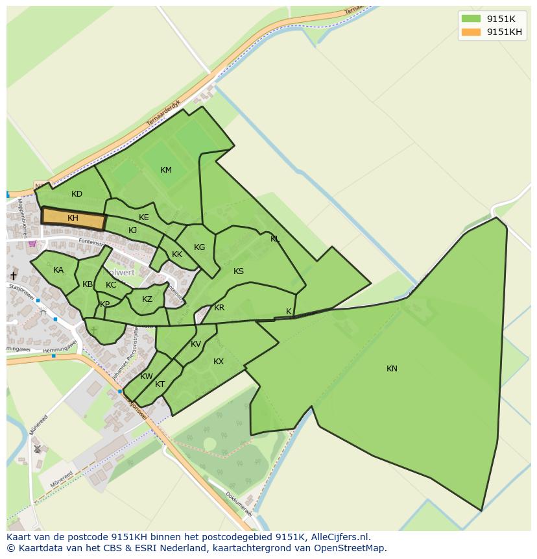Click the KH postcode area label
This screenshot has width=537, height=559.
[x=73, y=218]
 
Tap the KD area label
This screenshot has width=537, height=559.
[x=77, y=194]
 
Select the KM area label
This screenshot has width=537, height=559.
[x=166, y=170]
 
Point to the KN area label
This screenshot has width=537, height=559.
[x=392, y=369]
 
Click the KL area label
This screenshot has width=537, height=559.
[x=275, y=239]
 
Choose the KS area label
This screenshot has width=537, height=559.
[x=239, y=271]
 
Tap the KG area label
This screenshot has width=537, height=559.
[x=199, y=247]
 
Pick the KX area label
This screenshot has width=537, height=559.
[x=219, y=362]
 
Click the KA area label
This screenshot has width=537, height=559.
[x=58, y=270]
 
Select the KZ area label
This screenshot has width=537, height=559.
[x=147, y=299]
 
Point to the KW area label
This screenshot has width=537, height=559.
[x=147, y=377]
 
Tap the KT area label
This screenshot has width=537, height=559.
[x=160, y=384]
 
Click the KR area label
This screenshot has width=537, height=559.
[x=219, y=308]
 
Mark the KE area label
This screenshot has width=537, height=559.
[x=144, y=217]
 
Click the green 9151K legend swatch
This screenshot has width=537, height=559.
[x=471, y=19]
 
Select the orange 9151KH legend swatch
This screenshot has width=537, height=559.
[x=471, y=32]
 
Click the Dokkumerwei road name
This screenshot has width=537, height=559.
[x=238, y=504]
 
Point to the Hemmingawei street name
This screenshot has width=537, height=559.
[x=60, y=351]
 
